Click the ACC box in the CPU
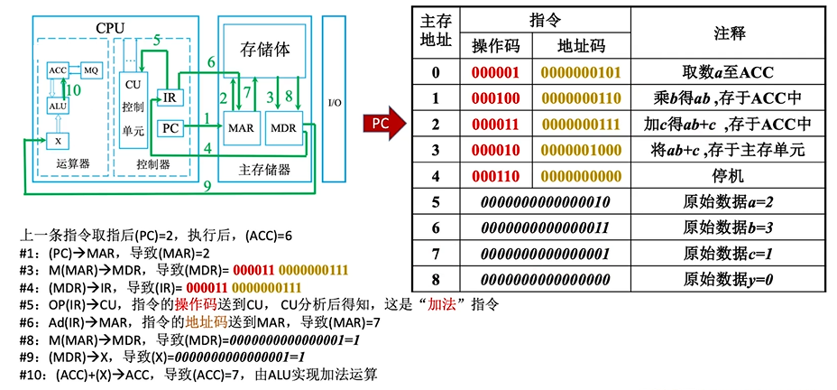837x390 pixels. (58, 70)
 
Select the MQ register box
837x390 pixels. (90, 70)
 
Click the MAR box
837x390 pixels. (241, 128)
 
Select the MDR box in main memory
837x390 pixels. (283, 128)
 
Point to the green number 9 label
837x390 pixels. (207, 187)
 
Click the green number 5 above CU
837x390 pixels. (157, 41)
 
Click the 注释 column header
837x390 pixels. (729, 32)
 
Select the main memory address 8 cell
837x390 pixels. (436, 280)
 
